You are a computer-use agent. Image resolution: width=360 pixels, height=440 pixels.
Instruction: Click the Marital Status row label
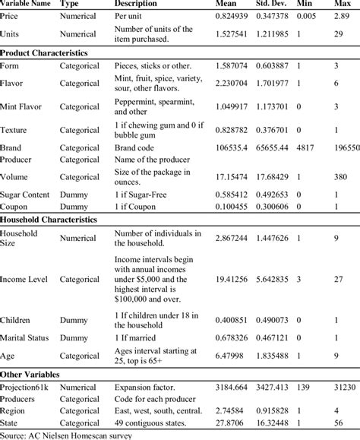tap(28, 337)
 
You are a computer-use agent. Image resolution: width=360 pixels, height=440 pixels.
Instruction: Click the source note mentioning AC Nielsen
tap(67, 434)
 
